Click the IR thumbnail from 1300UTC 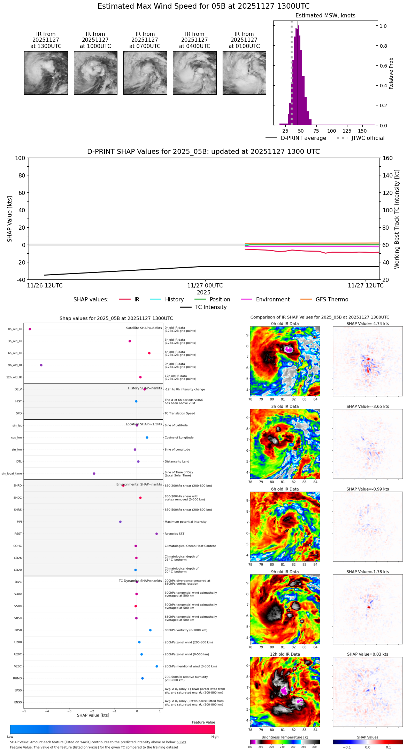click(46, 73)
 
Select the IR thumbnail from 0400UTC click(194, 73)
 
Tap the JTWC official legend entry click(368, 138)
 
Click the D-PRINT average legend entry click(303, 138)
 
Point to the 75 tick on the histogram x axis click(316, 131)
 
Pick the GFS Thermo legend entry click(332, 300)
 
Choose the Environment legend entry click(272, 300)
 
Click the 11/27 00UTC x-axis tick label click(205, 286)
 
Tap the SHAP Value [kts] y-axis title click(10, 219)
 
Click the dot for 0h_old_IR click(30, 329)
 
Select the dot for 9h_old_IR click(41, 365)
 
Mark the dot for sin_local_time click(94, 474)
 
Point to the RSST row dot click(156, 534)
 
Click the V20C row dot click(157, 666)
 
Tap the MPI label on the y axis click(19, 522)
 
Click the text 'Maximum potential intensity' click(185, 522)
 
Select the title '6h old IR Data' click(285, 489)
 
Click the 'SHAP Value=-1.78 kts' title click(368, 572)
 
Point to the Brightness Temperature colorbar click(285, 742)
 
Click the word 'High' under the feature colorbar click(215, 737)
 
